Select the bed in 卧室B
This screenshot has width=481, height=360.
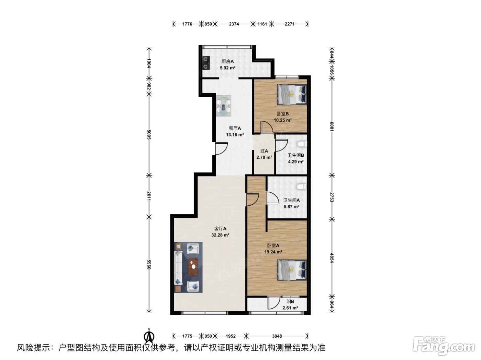(x=292, y=94)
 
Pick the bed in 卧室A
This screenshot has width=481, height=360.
(x=292, y=270)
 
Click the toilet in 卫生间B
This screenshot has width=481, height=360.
(x=302, y=144)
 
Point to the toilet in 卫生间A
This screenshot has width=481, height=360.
(x=302, y=187)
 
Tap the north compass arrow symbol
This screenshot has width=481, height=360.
(x=149, y=337)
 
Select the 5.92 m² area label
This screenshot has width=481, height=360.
(x=227, y=68)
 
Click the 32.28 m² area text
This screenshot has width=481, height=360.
(x=220, y=235)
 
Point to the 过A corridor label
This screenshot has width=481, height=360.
(x=264, y=151)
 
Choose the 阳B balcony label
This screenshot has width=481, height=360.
(x=290, y=301)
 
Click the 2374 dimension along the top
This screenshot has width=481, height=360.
(x=234, y=24)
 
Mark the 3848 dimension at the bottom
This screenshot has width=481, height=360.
(x=277, y=336)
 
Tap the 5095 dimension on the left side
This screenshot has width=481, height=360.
(x=149, y=135)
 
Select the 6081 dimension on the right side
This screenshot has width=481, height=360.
(x=332, y=127)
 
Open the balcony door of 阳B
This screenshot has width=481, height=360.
(x=274, y=303)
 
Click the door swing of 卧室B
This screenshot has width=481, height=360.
(x=267, y=127)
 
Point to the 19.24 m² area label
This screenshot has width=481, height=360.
(x=273, y=252)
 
